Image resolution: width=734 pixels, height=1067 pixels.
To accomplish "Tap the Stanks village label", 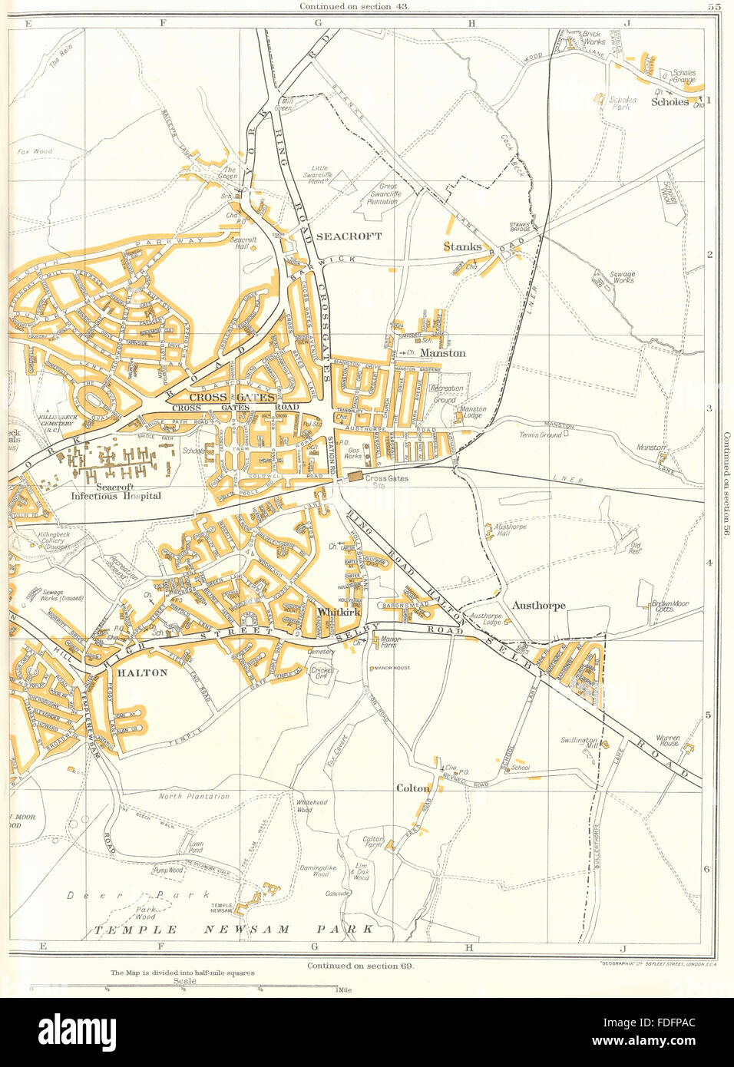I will pyautogui.click(x=463, y=247).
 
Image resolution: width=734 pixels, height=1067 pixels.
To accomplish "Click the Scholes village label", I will pyautogui.click(x=670, y=101).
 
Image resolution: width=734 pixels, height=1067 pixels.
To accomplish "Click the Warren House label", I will pyautogui.click(x=667, y=741).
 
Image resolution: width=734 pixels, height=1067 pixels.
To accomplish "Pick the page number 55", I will pyautogui.click(x=713, y=6).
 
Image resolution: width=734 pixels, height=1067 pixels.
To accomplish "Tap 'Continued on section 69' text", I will pyautogui.click(x=360, y=966).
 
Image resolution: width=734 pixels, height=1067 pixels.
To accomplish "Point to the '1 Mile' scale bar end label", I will pyautogui.click(x=343, y=990).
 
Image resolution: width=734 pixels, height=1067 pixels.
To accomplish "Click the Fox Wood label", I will pyautogui.click(x=35, y=151).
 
